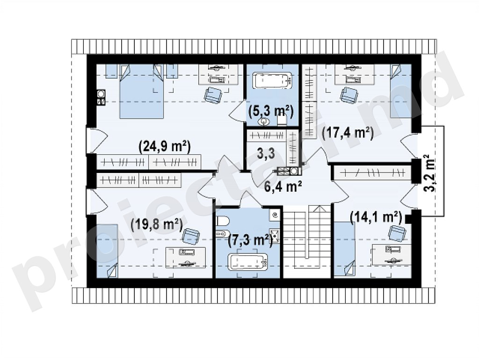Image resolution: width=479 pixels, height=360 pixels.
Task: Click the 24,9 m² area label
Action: tap(165, 147)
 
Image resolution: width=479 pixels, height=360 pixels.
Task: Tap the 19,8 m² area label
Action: tap(156, 226)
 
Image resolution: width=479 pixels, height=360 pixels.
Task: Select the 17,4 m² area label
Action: tap(348, 133)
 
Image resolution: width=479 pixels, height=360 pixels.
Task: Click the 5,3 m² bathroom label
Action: tap(271, 111)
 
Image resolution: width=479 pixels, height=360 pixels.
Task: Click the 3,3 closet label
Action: tap(266, 154)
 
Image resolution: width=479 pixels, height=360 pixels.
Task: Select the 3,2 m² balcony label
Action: tap(430, 173)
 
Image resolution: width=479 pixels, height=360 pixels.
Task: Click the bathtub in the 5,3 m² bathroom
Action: tap(273, 80)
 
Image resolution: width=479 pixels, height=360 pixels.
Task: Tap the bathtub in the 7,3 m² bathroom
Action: tap(248, 262)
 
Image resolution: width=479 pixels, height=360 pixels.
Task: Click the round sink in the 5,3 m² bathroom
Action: tap(264, 122)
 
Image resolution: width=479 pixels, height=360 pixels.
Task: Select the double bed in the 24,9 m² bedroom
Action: tap(141, 91)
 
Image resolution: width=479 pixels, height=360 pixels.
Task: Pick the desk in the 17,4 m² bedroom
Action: tap(355, 74)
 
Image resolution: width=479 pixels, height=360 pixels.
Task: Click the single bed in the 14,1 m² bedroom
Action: tap(344, 250)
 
